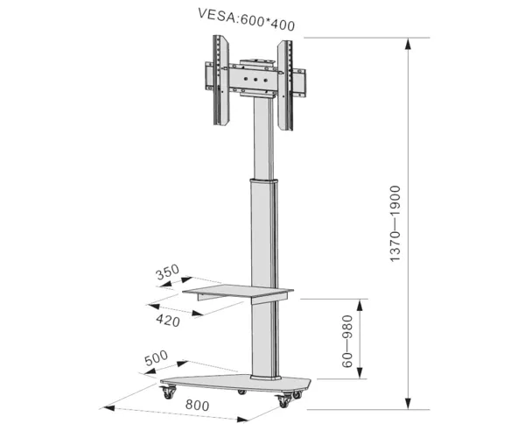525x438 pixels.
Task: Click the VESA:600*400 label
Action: point(246,20)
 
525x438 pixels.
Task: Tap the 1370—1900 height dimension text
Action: point(395,223)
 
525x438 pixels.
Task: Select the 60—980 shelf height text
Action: point(347,341)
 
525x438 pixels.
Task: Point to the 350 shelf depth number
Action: point(167,272)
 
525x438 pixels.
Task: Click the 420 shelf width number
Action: point(168,321)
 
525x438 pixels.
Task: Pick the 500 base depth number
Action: point(156,358)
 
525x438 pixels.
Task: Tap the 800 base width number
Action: point(198,406)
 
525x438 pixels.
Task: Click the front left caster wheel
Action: point(169,392)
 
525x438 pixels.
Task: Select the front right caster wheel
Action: point(283,401)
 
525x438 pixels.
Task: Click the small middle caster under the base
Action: point(241,392)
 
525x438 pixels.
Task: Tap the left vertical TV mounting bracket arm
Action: point(221,81)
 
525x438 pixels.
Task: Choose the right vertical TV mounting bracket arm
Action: point(285,86)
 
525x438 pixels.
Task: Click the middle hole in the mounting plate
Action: point(255,80)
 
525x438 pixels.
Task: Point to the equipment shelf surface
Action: point(238,290)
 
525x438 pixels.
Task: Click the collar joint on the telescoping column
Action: point(264,181)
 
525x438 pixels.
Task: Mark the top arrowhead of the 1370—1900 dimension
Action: point(408,44)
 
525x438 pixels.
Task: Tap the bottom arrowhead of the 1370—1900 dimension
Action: point(408,403)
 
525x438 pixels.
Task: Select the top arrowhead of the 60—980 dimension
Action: point(360,306)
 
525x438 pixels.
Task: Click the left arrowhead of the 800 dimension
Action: point(109,408)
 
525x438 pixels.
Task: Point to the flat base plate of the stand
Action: point(235,383)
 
